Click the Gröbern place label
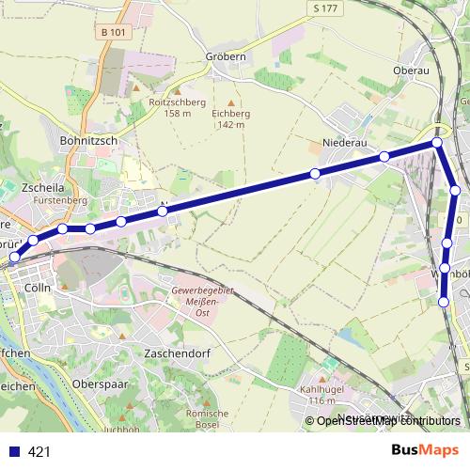(225, 56)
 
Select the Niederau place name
(342, 144)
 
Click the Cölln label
(38, 289)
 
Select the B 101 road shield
(113, 31)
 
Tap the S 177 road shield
(326, 8)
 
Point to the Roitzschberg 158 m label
(164, 108)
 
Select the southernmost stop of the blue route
(444, 302)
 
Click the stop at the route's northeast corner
(437, 143)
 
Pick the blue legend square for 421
(13, 451)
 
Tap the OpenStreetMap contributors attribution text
(388, 422)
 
